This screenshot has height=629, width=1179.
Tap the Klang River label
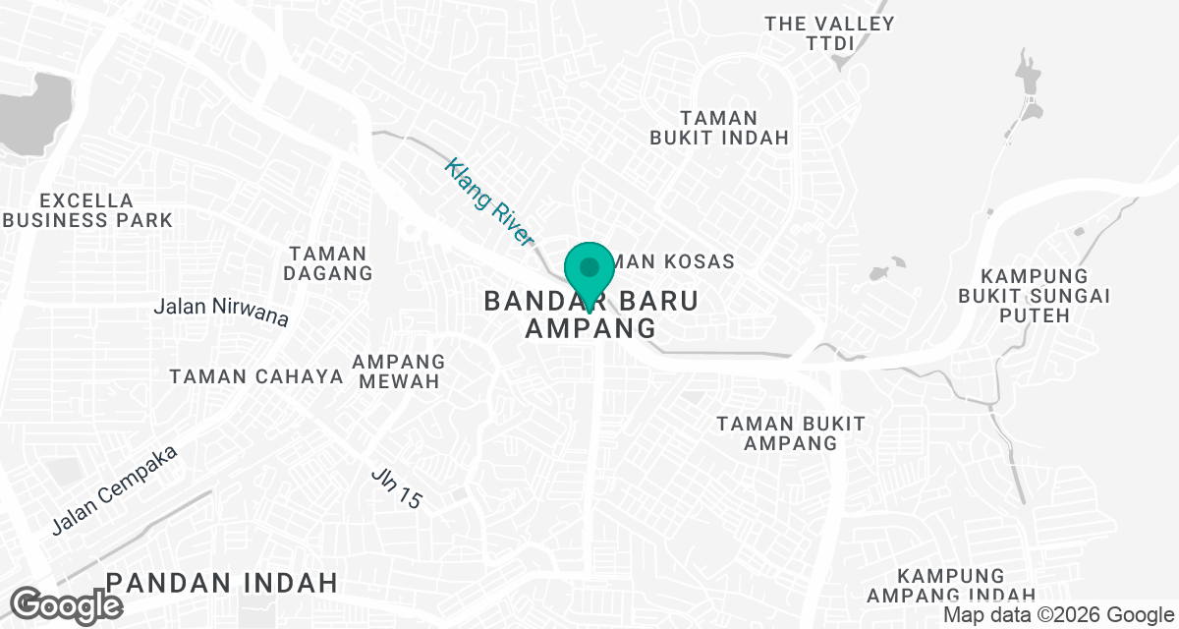488,202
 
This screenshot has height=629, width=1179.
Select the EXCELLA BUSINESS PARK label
87,209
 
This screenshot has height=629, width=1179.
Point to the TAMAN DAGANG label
328,263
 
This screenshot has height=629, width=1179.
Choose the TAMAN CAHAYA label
256,376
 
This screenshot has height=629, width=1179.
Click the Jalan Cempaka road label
114,490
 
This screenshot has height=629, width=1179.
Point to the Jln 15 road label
397,486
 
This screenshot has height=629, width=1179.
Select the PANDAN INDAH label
222,582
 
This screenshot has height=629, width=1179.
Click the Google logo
67,604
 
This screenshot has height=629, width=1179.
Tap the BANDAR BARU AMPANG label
591,314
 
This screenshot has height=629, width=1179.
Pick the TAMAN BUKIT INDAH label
719,128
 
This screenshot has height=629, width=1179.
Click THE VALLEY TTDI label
830,32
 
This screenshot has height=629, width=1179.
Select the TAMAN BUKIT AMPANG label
791,432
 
